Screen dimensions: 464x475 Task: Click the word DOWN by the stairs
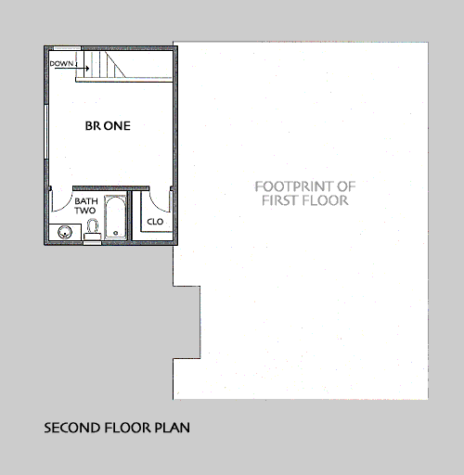click(x=61, y=64)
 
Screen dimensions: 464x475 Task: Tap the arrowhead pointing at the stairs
click(x=87, y=69)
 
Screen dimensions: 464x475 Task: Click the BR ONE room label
click(x=108, y=126)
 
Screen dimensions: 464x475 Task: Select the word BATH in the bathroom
click(x=86, y=201)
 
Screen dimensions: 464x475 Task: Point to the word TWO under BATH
click(x=84, y=211)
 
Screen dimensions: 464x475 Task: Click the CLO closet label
click(x=155, y=222)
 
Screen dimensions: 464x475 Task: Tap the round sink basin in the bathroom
click(x=65, y=232)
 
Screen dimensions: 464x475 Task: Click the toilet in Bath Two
click(x=93, y=229)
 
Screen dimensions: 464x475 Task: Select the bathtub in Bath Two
click(x=115, y=217)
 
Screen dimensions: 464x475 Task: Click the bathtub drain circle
click(x=116, y=233)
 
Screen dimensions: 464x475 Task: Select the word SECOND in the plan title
click(x=72, y=428)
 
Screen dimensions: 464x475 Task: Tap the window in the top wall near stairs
click(x=68, y=48)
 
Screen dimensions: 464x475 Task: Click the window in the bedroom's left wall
click(x=46, y=132)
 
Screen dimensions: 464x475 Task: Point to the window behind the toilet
click(x=92, y=243)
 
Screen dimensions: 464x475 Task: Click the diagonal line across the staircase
click(x=116, y=64)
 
